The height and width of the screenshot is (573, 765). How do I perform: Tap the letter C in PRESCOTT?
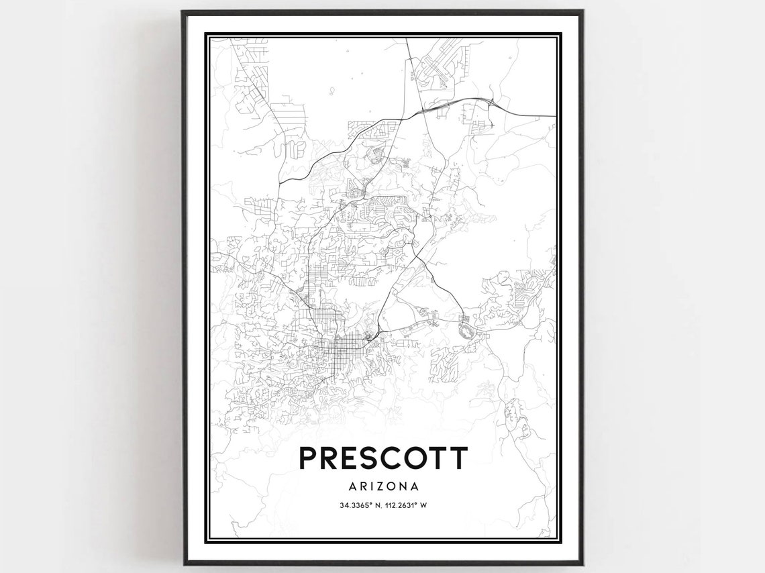387,458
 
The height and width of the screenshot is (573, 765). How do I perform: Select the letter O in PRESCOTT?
413,458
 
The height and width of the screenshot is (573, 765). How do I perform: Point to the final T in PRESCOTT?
458,458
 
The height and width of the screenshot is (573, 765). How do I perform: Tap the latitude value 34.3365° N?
360,505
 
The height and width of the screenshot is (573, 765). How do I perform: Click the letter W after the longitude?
424,505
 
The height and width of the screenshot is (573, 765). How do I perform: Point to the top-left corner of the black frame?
183,12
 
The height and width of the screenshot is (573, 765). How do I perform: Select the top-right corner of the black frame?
581,12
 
